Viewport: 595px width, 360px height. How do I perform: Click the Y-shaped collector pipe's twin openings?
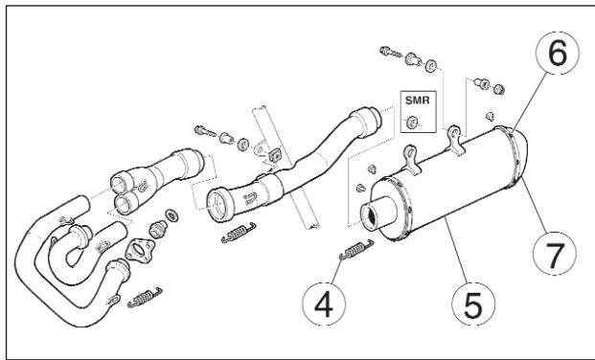(126, 191)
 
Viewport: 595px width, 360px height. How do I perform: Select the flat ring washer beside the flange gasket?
(171, 213)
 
